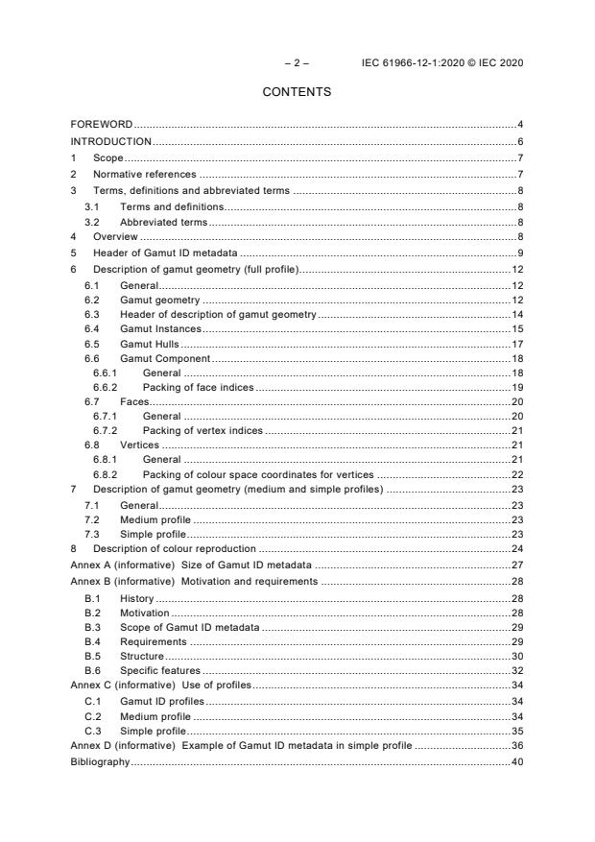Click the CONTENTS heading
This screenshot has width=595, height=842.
point(297,92)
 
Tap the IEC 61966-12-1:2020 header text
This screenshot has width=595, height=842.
point(442,63)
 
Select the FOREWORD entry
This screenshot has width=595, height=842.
point(102,125)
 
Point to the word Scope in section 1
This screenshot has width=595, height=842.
point(108,157)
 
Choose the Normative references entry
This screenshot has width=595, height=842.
point(144,174)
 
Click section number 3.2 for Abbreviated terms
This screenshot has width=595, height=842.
point(91,221)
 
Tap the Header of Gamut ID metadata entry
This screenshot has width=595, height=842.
point(159,253)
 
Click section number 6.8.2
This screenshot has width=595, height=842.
point(105,474)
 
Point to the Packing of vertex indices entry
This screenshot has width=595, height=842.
point(202,431)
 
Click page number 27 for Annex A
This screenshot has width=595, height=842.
point(516,565)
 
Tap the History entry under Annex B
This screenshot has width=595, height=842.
point(137,597)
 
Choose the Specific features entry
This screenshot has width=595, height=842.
point(159,670)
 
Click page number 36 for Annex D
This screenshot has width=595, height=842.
point(516,745)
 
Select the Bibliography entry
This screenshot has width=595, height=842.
point(100,761)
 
